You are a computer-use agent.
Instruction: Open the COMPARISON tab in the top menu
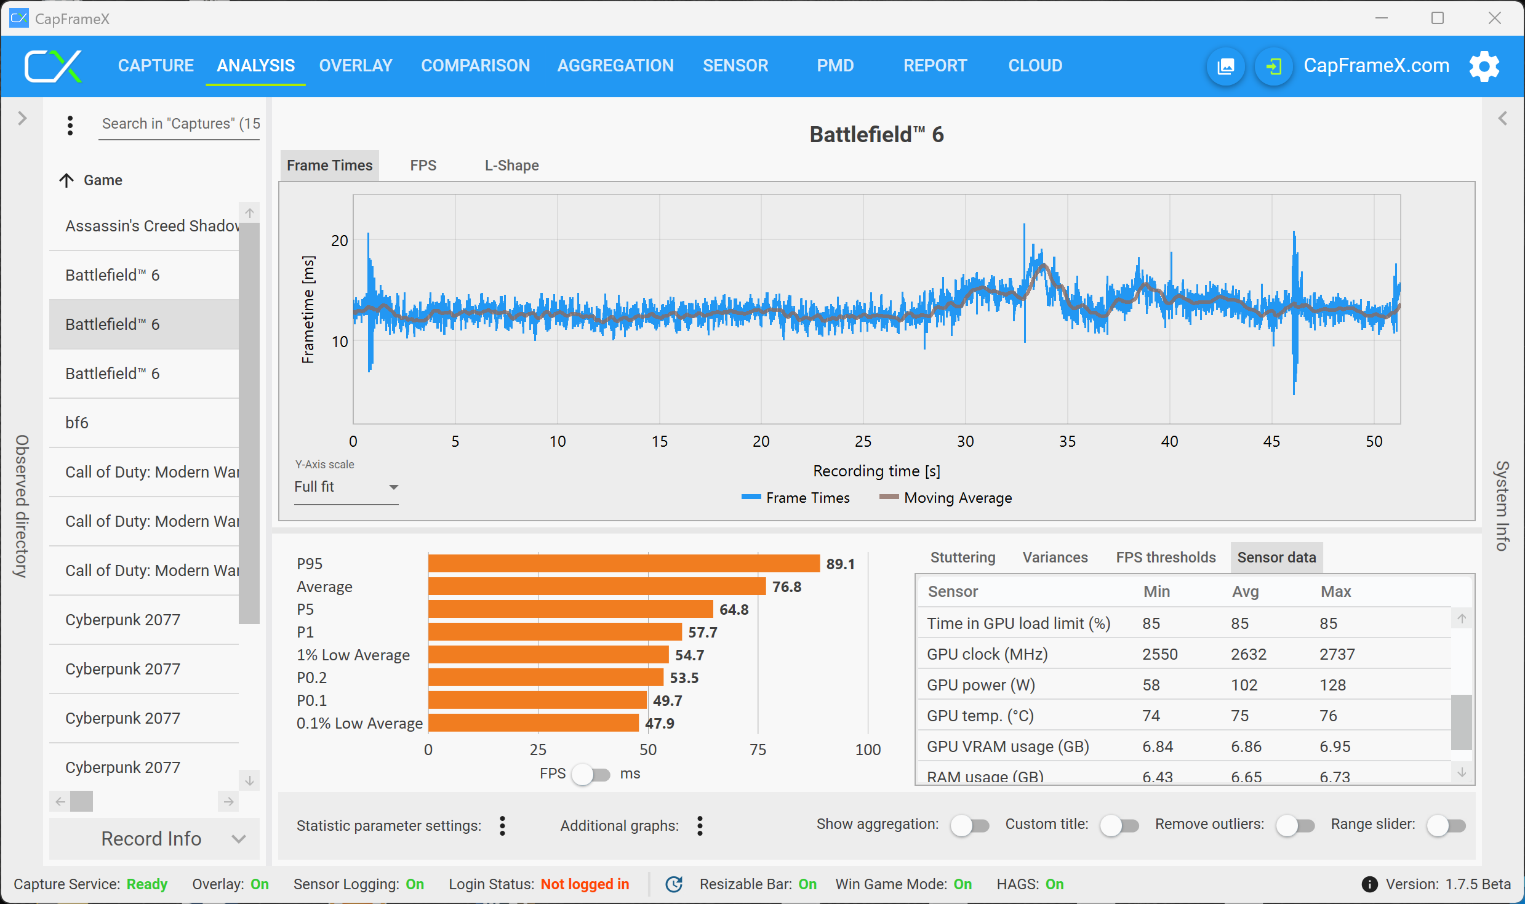(x=475, y=65)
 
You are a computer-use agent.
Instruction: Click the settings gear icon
(x=1484, y=66)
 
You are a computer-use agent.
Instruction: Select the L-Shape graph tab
(x=511, y=165)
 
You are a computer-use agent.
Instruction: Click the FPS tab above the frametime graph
(x=423, y=165)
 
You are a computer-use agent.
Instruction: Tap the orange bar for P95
(x=623, y=564)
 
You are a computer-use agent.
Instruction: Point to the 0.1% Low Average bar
(x=533, y=723)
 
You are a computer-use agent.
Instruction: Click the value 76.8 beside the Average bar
(x=787, y=586)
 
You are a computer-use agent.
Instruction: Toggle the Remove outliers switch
(x=1295, y=825)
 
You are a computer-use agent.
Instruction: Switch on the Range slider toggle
(x=1446, y=825)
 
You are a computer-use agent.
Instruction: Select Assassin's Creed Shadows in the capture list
(x=151, y=226)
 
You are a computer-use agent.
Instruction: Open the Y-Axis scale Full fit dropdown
(x=346, y=487)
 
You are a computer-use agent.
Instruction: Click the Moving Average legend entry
(x=957, y=497)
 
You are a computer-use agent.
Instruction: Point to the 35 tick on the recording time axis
(x=1067, y=441)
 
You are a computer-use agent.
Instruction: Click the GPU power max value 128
(x=1332, y=684)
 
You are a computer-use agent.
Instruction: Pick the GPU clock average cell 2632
(x=1248, y=654)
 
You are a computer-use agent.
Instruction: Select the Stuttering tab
(x=963, y=557)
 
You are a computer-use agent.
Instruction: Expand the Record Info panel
(x=154, y=838)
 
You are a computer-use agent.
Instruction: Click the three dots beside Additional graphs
(x=700, y=825)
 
